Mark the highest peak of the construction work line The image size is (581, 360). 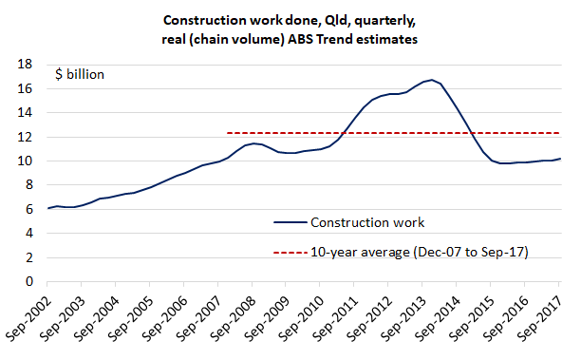tap(431, 80)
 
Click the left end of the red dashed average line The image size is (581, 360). tap(228, 133)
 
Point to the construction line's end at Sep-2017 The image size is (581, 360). tap(560, 159)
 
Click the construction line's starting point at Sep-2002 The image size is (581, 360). tap(47, 208)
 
